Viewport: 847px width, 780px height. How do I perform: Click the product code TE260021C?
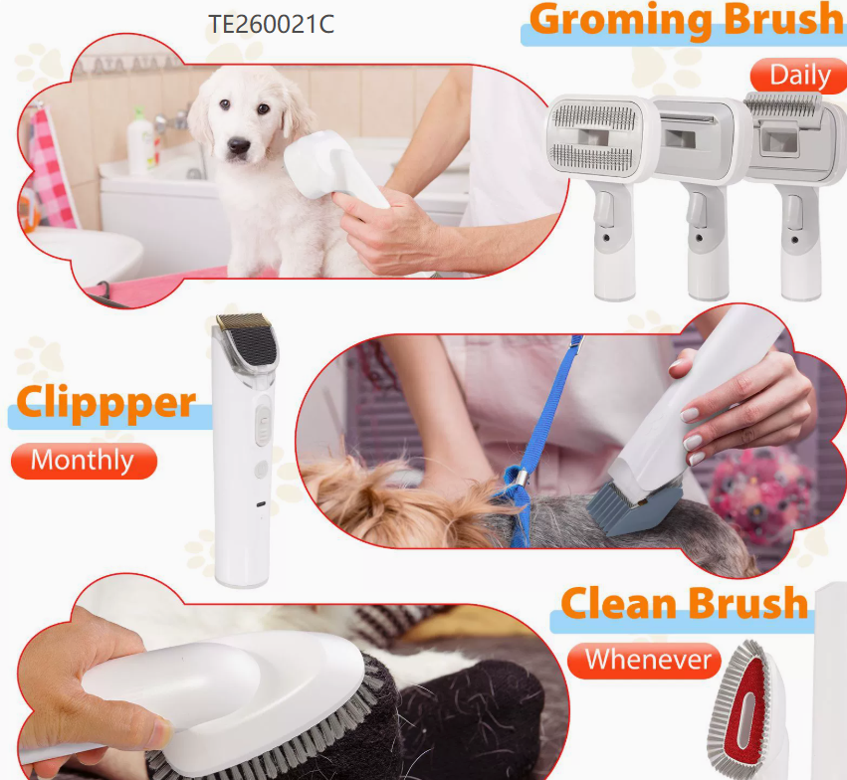click(x=271, y=24)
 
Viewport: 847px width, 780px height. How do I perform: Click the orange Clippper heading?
click(x=106, y=402)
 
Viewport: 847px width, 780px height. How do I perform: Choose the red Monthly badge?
click(x=83, y=461)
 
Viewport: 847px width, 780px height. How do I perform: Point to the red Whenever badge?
click(x=647, y=660)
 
